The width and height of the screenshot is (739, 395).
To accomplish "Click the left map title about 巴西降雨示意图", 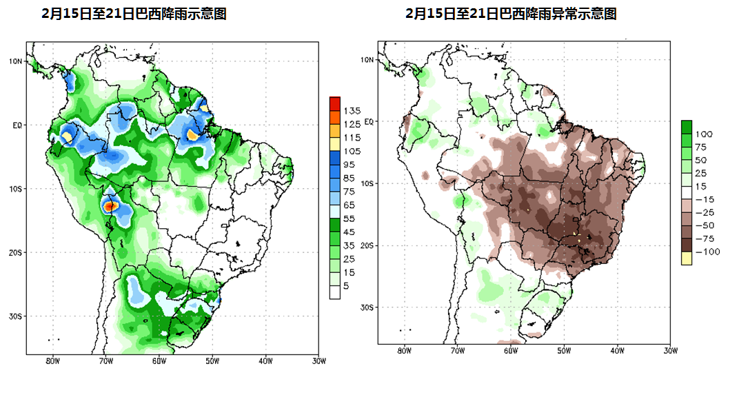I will pos(134,14).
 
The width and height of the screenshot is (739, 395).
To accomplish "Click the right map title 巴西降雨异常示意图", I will pos(510,14).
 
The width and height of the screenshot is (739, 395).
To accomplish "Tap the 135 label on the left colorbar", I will pos(352,110).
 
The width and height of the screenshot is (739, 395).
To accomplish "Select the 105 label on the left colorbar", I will pos(352,151).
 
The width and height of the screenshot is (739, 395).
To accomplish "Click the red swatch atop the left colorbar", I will pos(335,103).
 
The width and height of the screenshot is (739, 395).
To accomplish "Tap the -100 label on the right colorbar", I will pos(707,252).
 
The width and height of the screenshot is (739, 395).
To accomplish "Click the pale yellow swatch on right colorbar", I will pos(687,259).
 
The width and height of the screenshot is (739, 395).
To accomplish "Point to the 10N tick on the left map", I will pos(16,61).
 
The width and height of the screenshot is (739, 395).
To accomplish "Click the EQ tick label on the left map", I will pos(17,125).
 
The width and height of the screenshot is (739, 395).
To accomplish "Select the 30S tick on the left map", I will pos(16,316).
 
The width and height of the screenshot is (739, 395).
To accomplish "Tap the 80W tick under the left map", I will pos(52,361).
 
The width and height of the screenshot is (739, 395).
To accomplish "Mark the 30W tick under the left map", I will pos(318,361).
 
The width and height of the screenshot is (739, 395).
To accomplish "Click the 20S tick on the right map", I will pos(367,245).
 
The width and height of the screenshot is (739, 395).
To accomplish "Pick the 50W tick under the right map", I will pos(563,351).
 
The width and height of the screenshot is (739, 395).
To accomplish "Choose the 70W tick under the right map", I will pos(457,351).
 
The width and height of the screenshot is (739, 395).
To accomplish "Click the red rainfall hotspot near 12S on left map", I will pos(110,205).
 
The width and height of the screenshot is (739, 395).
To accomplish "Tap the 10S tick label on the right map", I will pos(367,183).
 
